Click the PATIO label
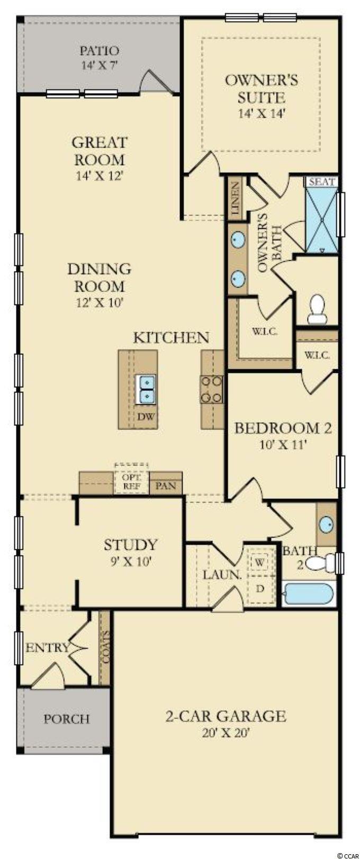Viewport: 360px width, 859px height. [x=100, y=51]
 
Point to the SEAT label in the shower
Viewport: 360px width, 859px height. [x=322, y=182]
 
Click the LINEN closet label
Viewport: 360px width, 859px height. [x=235, y=198]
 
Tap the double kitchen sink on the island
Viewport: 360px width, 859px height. [x=145, y=389]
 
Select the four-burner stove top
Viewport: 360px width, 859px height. [x=212, y=389]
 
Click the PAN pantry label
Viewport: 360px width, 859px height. [x=166, y=486]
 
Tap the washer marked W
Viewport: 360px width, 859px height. [x=259, y=562]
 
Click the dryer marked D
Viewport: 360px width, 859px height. [x=260, y=589]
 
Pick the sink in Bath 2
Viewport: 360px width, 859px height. [x=326, y=524]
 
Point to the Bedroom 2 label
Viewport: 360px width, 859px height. [x=283, y=428]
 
